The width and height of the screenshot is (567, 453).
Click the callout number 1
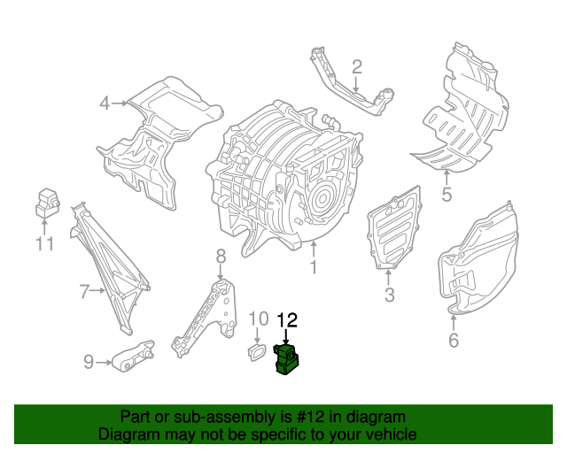pos(312,265)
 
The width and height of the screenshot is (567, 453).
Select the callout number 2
pos(356,66)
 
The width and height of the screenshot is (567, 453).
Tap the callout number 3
pos(389,295)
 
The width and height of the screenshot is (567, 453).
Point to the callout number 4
pos(105,104)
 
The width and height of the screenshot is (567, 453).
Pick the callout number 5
pos(447,196)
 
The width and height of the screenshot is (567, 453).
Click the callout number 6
pos(454,339)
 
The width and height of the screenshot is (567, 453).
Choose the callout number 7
pos(85,290)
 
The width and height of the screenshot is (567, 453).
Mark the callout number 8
pos(221,257)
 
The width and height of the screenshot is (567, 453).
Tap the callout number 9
pos(89,361)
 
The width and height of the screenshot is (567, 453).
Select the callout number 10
pos(257,319)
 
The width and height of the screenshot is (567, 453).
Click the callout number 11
pos(45,244)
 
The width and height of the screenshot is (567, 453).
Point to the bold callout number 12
pos(289,319)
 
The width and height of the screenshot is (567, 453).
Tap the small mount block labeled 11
pos(46,203)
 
